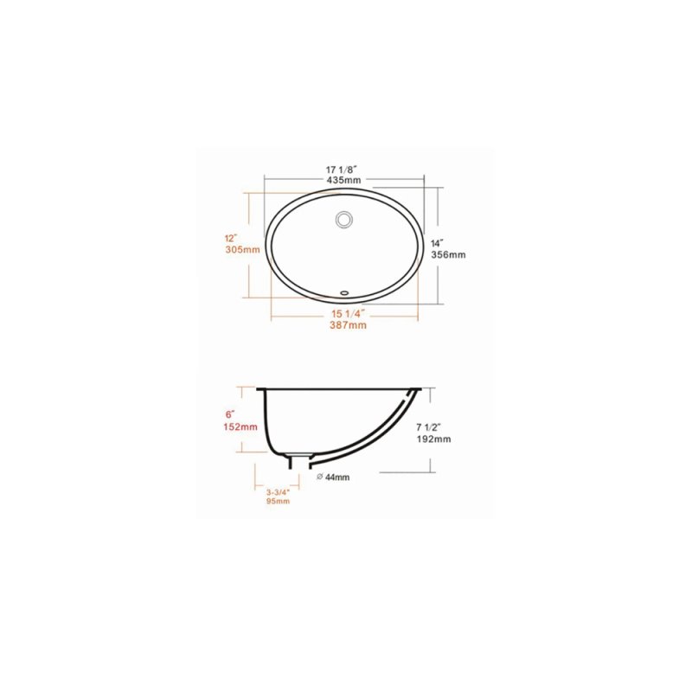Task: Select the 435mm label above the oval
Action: [x=343, y=180]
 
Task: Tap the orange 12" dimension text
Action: [x=230, y=238]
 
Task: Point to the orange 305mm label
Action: [x=242, y=250]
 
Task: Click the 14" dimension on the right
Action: [x=437, y=243]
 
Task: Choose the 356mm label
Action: [x=448, y=255]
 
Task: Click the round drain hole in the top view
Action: [x=344, y=220]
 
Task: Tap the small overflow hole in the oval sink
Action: [x=344, y=292]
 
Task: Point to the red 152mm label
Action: [x=240, y=426]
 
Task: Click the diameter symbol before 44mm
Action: [x=320, y=477]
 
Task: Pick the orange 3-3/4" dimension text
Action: [x=278, y=490]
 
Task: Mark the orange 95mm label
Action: [x=278, y=501]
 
